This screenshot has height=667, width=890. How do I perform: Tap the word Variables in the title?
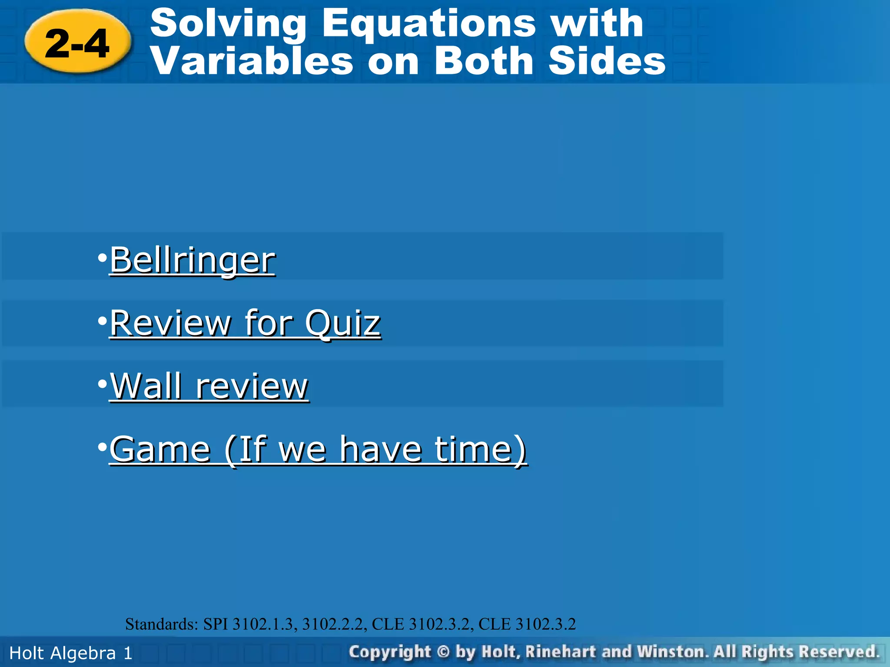click(x=252, y=61)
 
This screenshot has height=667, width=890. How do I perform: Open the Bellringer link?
click(x=192, y=260)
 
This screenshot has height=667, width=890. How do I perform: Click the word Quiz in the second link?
click(x=342, y=324)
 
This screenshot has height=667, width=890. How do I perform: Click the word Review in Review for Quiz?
click(x=170, y=324)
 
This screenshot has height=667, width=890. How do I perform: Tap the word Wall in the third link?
click(x=146, y=386)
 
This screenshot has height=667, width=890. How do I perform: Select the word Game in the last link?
click(x=160, y=449)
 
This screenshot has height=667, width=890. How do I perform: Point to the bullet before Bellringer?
click(x=103, y=258)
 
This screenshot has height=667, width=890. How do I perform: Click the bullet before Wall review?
click(x=103, y=384)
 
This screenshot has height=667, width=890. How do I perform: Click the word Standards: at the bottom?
click(x=162, y=624)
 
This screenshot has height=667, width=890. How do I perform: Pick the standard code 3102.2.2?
click(x=333, y=624)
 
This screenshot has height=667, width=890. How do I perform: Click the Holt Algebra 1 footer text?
click(x=71, y=653)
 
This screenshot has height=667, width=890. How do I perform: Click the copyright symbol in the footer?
click(x=443, y=652)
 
